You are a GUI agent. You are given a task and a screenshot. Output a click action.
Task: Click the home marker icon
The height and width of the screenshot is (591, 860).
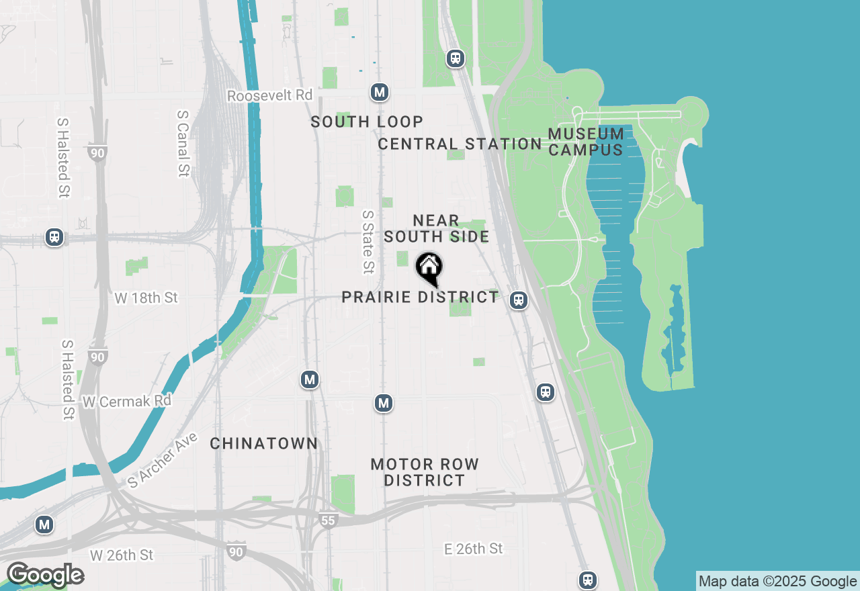click(429, 268)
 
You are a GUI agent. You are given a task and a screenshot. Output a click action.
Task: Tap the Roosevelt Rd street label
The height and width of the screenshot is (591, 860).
click(269, 95)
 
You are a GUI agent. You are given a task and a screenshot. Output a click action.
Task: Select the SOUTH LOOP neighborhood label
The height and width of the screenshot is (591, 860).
click(367, 122)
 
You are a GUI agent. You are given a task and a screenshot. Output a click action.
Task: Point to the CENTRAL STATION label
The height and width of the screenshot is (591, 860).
click(460, 144)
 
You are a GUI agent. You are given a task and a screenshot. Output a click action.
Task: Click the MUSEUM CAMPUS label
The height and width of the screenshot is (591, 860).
click(586, 142)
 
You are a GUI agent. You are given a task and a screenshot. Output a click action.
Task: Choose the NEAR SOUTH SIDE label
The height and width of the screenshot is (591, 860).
click(436, 228)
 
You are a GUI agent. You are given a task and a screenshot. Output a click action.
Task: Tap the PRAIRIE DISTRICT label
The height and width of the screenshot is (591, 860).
click(420, 297)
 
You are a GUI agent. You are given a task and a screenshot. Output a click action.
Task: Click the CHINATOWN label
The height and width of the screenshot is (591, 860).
click(263, 443)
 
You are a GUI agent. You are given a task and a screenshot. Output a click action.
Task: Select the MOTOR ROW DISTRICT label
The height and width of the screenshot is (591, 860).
click(425, 472)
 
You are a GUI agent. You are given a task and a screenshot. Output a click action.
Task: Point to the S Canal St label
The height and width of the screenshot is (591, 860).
click(183, 144)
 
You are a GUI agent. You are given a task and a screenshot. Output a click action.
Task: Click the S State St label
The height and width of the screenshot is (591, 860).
click(368, 242)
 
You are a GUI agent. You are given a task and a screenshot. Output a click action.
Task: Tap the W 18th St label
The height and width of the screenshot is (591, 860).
click(146, 298)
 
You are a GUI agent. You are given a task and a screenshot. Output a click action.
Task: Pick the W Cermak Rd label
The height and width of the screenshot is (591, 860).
click(127, 401)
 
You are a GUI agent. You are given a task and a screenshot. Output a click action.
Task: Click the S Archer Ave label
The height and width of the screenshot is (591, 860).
click(162, 460)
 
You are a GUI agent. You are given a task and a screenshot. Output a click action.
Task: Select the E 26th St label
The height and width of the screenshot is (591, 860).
click(473, 549)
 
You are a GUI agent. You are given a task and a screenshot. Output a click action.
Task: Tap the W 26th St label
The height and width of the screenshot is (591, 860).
click(122, 555)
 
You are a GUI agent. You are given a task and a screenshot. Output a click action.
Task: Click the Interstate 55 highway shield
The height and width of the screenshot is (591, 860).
click(327, 520)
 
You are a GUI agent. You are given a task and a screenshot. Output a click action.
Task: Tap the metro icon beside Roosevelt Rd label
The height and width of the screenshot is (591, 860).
click(380, 92)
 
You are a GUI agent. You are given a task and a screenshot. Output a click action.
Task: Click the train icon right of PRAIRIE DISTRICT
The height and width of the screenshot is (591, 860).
click(518, 300)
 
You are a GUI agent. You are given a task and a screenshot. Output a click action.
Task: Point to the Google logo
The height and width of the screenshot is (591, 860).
click(45, 575)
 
